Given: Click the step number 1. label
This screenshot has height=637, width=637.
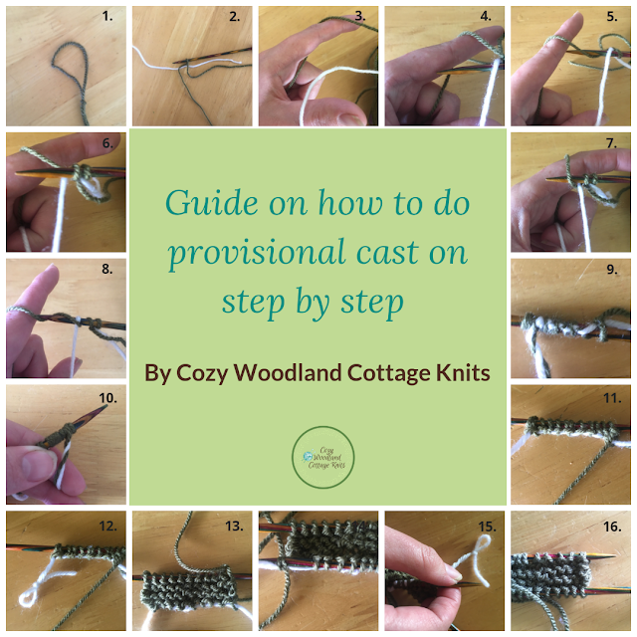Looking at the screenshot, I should [x=108, y=17].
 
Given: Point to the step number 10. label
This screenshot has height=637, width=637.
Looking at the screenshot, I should [x=105, y=397].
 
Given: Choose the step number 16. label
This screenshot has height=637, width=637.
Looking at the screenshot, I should [x=610, y=524].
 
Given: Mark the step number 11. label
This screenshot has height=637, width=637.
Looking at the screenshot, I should [x=610, y=397].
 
